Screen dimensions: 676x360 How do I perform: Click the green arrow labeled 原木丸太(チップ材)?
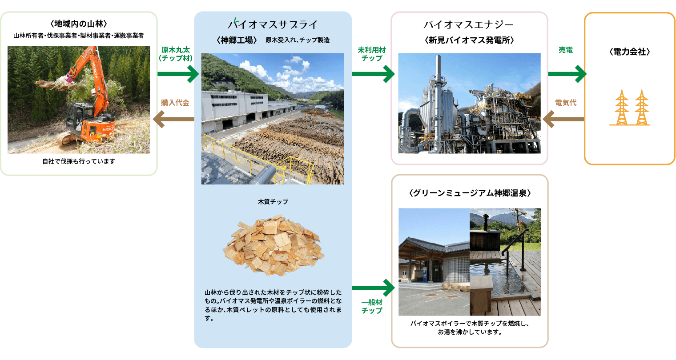click(178, 74)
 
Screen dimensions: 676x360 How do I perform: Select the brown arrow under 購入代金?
click(174, 119)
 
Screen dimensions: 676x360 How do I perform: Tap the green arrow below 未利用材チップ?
click(373, 74)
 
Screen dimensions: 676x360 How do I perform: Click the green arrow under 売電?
click(567, 74)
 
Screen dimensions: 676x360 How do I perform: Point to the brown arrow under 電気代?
click(563, 119)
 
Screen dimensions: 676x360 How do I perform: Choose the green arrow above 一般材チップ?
click(373, 288)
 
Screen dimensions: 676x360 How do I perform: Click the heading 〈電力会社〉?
click(630, 52)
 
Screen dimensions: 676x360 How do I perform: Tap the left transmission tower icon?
click(621, 107)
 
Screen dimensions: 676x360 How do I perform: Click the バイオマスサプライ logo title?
click(273, 24)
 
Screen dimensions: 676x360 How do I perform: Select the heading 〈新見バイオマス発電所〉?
click(469, 40)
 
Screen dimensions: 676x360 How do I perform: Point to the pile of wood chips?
click(274, 245)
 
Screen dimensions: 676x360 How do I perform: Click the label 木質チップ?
click(273, 201)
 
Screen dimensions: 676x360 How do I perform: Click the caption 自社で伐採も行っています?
click(79, 161)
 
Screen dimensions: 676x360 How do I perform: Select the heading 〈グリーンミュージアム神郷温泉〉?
click(470, 193)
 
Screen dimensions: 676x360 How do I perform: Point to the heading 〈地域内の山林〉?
click(79, 24)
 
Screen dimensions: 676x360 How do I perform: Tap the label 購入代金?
click(175, 103)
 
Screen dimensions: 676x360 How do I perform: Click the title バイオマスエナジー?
click(468, 24)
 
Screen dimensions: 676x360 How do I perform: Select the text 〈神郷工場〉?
click(237, 40)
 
